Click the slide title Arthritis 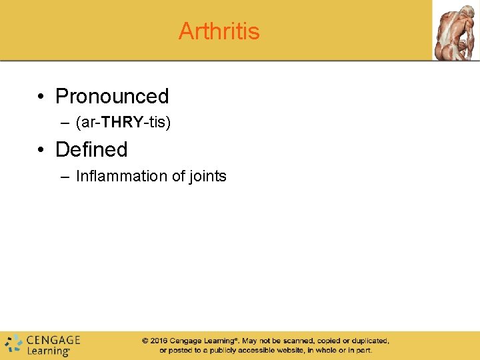219,31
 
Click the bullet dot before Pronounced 41,97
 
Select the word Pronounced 112,97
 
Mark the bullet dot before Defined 41,150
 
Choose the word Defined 91,150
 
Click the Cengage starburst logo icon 13,344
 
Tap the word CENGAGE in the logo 53,339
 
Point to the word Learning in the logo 48,351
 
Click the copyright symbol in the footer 145,341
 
